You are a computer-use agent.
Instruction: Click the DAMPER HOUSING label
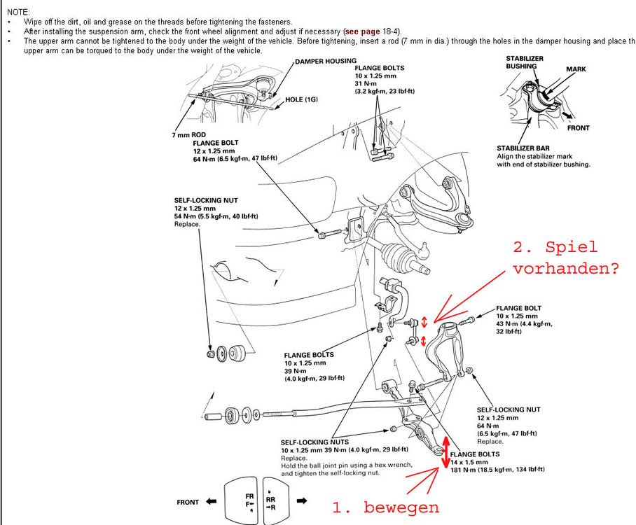[x=326, y=62]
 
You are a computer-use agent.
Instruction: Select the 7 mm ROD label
[x=188, y=135]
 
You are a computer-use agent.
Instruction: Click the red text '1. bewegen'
[x=385, y=507]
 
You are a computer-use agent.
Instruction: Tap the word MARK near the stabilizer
[x=576, y=70]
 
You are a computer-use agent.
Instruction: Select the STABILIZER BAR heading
[x=525, y=148]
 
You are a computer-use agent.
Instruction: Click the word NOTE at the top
[x=17, y=13]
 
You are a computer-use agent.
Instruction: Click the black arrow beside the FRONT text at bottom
[x=212, y=502]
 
